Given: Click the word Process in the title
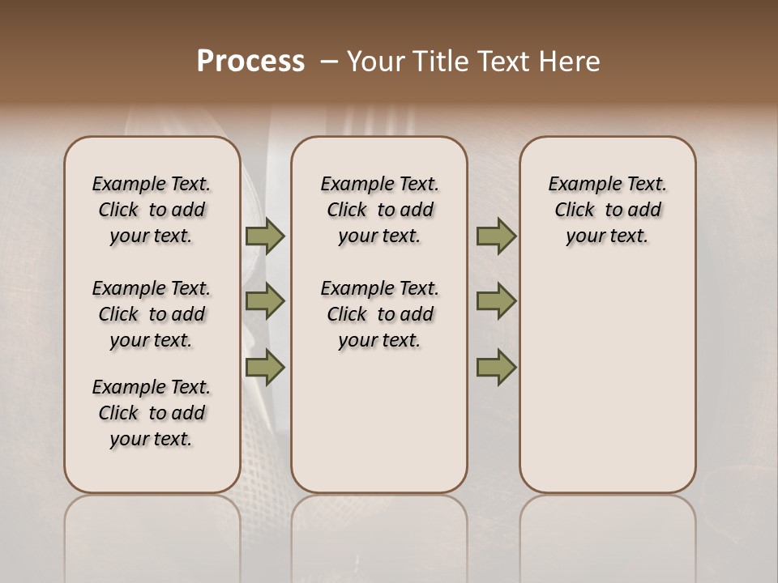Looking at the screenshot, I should pos(250,62).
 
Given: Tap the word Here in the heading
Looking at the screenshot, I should pos(571,62).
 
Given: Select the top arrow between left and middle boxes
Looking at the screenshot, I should pos(265,236).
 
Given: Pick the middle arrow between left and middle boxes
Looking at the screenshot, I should pos(265,301).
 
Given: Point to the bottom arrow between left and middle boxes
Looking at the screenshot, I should pos(265,367).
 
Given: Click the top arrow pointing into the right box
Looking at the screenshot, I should pos(496,236).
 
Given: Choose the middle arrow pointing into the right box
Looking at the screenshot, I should pos(496,301).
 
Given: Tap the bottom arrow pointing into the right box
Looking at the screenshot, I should pos(496,367).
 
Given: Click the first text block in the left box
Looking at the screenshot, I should pos(152,210).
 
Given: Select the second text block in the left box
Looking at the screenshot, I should pos(152,314).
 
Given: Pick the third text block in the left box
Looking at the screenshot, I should pos(152,413).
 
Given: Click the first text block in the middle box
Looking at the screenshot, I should pos(379,210).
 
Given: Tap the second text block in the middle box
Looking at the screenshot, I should pos(379,314).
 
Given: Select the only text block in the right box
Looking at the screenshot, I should pos(608,210).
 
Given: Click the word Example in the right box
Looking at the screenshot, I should pos(579,185).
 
